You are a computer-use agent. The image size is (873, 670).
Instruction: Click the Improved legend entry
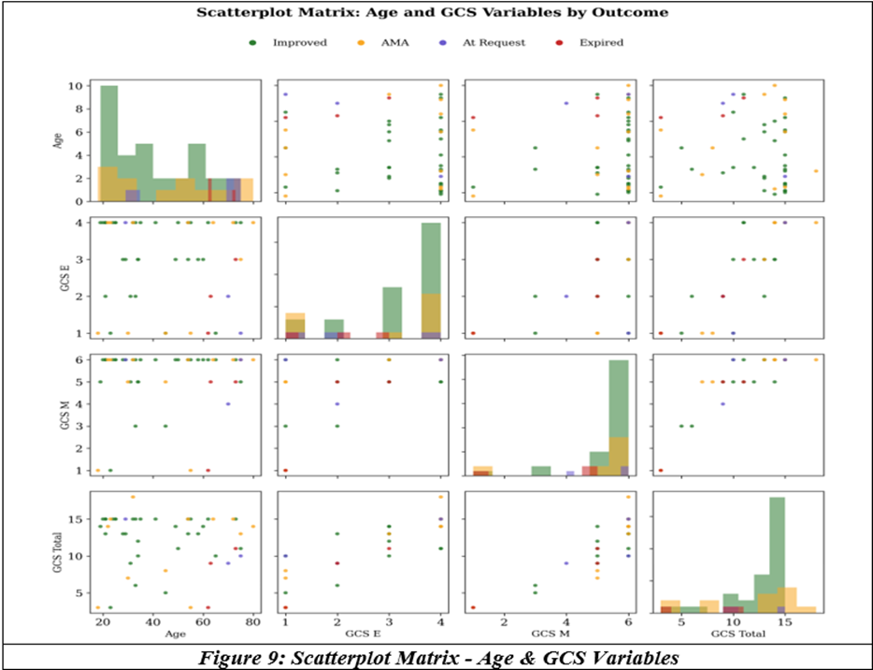(288, 43)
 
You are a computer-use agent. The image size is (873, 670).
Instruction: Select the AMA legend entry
(383, 43)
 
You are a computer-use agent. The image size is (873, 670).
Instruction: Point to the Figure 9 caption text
(438, 658)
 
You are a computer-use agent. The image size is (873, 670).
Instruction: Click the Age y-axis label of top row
(57, 140)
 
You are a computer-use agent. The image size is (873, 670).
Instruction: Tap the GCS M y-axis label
(64, 415)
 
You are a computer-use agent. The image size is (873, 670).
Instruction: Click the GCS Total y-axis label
(57, 552)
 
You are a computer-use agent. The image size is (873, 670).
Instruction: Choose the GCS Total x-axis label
(738, 634)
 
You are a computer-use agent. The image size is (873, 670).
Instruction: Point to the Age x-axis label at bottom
(176, 634)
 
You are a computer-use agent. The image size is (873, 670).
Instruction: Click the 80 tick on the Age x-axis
(253, 622)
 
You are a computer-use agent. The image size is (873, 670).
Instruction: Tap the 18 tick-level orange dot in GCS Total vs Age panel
(133, 497)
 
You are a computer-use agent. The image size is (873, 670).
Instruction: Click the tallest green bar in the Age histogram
(109, 143)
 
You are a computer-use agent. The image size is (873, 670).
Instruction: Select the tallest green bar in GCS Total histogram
(778, 555)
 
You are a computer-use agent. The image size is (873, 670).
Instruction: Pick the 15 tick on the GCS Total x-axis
(784, 622)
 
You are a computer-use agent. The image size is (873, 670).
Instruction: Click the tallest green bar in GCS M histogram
(619, 417)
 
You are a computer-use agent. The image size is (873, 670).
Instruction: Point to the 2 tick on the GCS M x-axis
(505, 622)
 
